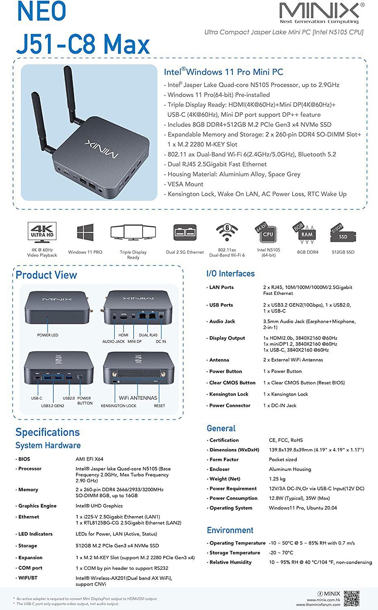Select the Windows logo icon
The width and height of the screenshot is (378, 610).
85,232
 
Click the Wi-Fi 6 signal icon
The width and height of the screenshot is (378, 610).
227,233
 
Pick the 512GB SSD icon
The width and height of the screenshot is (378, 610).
343,233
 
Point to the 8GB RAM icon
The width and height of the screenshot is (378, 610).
306,233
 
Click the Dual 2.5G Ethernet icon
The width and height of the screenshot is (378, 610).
185,232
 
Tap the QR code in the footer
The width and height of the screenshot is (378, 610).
352,598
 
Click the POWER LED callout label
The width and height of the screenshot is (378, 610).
48,335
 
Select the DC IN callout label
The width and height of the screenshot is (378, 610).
161,342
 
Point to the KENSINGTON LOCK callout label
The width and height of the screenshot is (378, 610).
118,406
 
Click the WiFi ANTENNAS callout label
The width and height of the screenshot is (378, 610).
138,398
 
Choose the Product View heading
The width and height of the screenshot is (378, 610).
46,275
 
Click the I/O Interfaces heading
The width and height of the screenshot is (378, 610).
230,273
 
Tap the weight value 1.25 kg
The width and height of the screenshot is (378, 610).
277,479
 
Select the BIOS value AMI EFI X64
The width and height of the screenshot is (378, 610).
89,459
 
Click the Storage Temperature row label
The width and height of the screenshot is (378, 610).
235,553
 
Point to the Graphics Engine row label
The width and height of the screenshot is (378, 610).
37,506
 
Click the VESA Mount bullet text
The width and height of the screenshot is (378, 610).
185,184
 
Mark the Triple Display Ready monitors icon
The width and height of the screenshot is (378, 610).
133,232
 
